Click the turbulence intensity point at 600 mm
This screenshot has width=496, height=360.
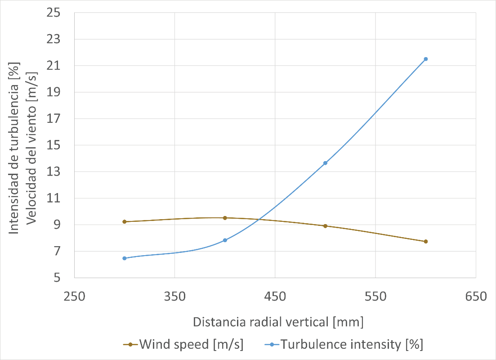tap(425, 59)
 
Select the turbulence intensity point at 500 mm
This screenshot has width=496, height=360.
tap(325, 163)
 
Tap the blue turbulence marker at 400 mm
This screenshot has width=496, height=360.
tap(225, 240)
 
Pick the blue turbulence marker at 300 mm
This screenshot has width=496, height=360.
tap(125, 258)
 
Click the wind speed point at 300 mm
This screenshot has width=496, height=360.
tap(125, 222)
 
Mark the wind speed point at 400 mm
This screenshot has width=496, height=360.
tap(225, 218)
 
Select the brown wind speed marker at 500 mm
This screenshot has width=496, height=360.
tap(325, 226)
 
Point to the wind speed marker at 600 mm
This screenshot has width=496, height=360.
tap(425, 242)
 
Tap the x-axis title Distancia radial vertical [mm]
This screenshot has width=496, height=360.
tap(278, 322)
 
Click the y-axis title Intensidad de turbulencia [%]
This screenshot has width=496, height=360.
tap(14, 148)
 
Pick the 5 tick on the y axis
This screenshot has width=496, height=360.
tap(57, 278)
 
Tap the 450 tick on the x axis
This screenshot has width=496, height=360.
tap(275, 297)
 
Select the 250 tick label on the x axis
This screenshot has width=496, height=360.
tap(74, 297)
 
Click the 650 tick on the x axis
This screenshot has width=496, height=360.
tap(476, 297)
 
